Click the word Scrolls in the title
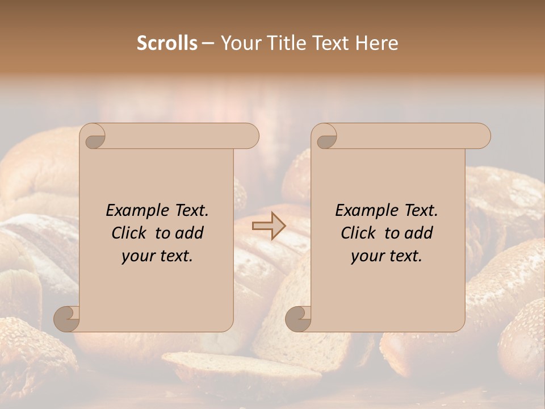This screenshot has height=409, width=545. [167, 43]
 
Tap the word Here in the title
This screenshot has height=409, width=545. [377, 43]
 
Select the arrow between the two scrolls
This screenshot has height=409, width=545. [269, 226]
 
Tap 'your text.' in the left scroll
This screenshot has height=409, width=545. [157, 256]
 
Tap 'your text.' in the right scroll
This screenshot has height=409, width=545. [387, 256]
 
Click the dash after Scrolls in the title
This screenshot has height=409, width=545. [208, 43]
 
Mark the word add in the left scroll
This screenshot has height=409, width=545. [190, 233]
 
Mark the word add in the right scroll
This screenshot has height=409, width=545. [419, 233]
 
